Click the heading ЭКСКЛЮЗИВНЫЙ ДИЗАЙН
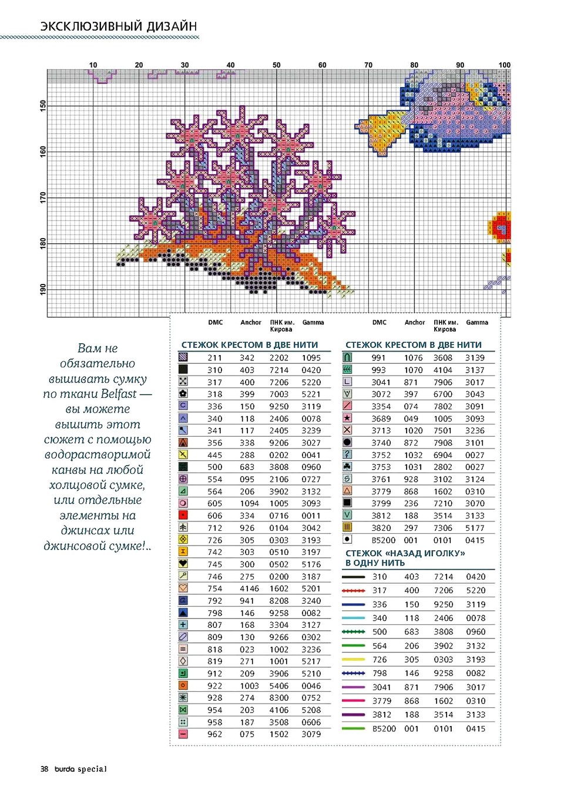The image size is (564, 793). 118,26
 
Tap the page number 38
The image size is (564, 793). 44,769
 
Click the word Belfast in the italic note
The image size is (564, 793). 119,394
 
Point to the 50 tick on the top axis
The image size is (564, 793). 276,65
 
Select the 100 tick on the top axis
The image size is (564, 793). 504,65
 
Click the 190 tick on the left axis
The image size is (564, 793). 43,289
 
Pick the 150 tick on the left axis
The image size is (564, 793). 43,106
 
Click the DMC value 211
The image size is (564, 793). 214,358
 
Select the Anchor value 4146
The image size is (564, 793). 249,588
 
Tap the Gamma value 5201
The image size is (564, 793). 311,588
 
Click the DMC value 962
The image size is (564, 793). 214,734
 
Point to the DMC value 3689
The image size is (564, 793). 381,419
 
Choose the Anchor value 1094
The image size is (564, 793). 249,504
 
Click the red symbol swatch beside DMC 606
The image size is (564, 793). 183,515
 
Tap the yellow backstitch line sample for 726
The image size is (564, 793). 353,660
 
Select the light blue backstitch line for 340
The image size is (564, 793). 353,618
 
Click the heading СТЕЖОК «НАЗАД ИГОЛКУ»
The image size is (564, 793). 405,553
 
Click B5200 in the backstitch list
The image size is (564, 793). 384,729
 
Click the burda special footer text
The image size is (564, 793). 80,769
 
